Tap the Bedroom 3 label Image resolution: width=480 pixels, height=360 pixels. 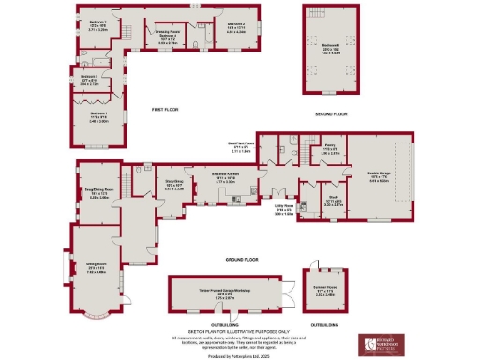coord(235,23)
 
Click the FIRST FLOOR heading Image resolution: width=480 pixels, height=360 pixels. coord(165,110)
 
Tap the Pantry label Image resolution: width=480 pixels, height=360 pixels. coord(330,147)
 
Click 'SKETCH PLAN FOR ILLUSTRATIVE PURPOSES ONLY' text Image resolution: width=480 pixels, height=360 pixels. coord(240,330)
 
